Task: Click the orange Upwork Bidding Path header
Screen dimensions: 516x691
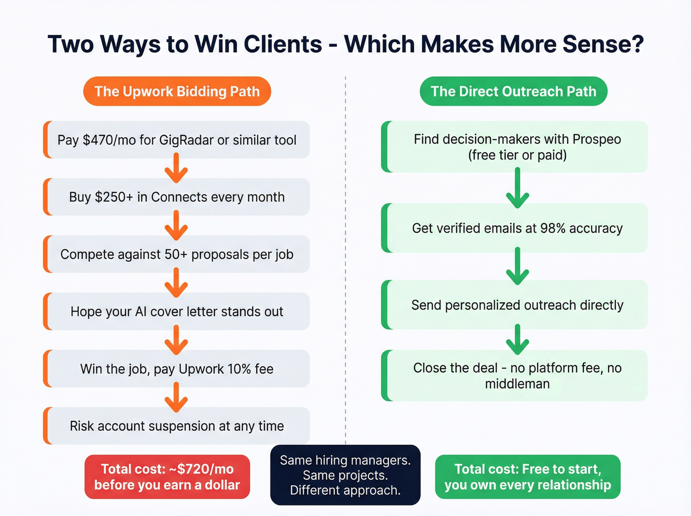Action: (177, 91)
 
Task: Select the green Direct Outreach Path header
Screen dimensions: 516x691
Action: (513, 91)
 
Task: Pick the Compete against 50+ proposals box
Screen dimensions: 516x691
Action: (177, 254)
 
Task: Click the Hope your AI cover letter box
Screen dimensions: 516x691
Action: (177, 312)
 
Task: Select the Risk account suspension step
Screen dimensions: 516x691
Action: (177, 426)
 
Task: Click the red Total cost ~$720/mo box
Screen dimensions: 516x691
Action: (167, 477)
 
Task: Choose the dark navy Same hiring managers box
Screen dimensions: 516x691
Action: (345, 475)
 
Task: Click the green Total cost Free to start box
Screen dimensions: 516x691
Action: (527, 477)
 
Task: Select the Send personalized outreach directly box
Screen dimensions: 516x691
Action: (517, 305)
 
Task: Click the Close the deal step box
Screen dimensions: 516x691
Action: (517, 376)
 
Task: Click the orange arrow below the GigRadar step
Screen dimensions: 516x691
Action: (176, 168)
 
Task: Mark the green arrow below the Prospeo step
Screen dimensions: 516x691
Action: (517, 188)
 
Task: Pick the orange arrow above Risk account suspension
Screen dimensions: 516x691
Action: (176, 397)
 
